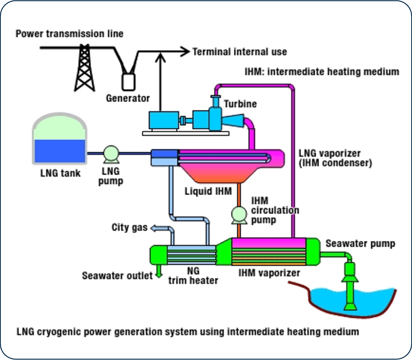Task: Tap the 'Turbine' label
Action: (240, 104)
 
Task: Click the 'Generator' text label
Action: (128, 98)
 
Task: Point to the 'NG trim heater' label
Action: (193, 275)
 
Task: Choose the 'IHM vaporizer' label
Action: (269, 272)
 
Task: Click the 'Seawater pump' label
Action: (360, 243)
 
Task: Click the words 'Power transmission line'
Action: (69, 34)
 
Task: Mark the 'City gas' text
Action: (130, 227)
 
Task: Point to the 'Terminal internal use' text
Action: (240, 51)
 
